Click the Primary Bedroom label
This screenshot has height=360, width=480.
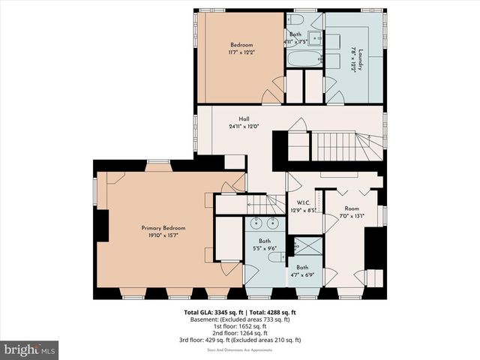click(163, 228)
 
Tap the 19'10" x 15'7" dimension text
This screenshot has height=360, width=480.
click(163, 235)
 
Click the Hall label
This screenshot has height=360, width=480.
click(244, 119)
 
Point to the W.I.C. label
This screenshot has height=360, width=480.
click(303, 202)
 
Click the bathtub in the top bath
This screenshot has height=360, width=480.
click(301, 59)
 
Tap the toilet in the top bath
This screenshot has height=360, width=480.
click(295, 19)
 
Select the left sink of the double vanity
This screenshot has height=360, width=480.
click(256, 223)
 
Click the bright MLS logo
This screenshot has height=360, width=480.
click(30, 349)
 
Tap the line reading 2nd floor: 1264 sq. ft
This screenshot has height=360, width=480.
click(240, 333)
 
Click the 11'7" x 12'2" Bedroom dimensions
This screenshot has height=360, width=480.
click(241, 52)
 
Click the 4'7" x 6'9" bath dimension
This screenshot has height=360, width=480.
click(302, 275)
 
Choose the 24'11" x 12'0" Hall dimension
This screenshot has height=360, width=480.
click(244, 127)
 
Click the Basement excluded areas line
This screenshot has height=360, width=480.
click(240, 319)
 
